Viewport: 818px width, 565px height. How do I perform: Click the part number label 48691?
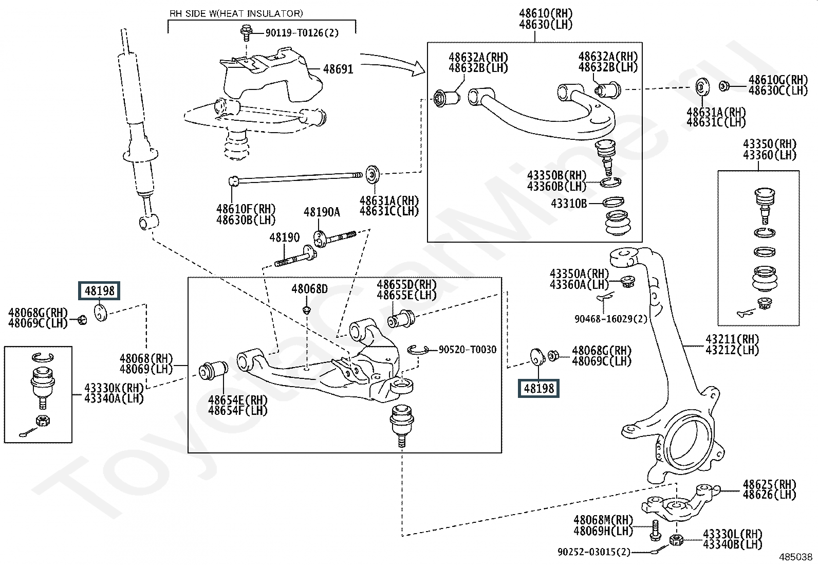[338, 69]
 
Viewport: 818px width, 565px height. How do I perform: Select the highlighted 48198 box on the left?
[99, 291]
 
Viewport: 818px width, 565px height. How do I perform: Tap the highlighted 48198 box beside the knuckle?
[538, 388]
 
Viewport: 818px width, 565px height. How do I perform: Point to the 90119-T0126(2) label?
[302, 33]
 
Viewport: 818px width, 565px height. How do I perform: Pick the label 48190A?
[322, 212]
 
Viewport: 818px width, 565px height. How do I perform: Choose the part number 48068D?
[309, 289]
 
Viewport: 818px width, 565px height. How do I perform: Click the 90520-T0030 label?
[468, 350]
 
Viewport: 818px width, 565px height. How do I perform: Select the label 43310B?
[569, 203]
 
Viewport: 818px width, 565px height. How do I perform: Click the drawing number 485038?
[795, 557]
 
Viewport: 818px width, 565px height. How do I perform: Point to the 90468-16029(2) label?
[610, 319]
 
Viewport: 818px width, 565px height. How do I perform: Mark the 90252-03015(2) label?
[594, 552]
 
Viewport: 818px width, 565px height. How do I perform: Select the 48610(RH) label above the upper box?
[546, 13]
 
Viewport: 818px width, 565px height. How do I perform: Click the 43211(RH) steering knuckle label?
[732, 339]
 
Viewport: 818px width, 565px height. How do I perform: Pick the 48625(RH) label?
[769, 484]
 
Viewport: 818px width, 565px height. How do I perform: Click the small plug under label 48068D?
[307, 311]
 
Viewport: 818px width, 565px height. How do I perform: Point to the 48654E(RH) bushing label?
[238, 400]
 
